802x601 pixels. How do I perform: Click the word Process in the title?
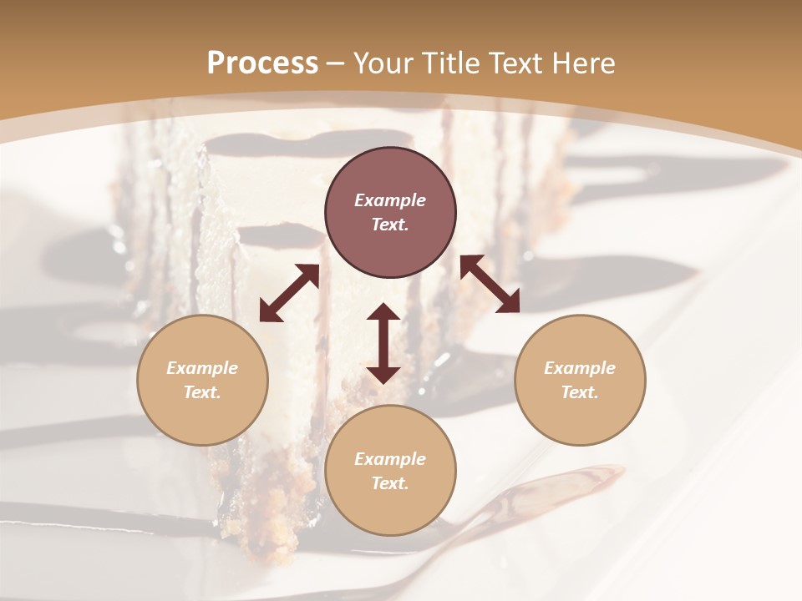coord(262,63)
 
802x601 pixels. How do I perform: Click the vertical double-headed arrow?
coord(383,343)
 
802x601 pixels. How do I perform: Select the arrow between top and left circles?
coord(289,293)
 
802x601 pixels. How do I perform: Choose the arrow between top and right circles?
coord(490,284)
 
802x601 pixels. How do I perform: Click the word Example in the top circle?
coord(390,200)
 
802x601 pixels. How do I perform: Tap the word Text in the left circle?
coord(202,392)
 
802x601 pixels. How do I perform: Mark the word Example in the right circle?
coord(580,368)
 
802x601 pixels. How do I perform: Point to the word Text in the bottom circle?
coord(390,483)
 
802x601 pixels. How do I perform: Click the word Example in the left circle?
coord(202,368)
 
